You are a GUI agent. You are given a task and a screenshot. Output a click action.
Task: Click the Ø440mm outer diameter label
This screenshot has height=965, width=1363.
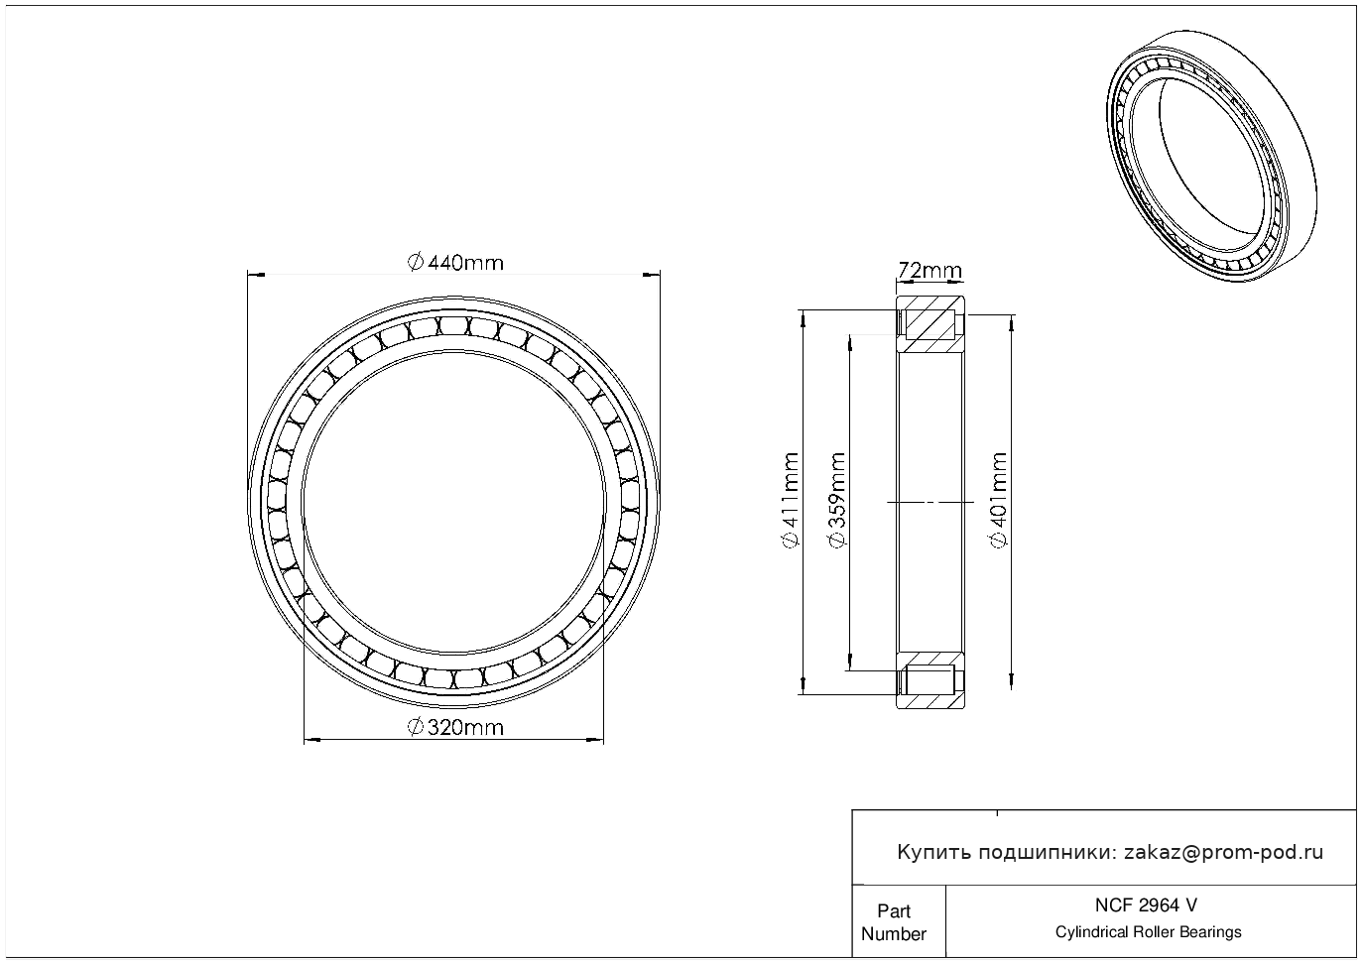(455, 263)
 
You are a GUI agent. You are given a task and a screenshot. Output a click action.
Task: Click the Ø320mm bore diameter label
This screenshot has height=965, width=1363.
(455, 727)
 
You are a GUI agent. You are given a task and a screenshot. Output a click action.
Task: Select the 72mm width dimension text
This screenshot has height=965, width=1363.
(930, 270)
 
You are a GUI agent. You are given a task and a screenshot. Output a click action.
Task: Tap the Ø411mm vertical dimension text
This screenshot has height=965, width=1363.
(790, 501)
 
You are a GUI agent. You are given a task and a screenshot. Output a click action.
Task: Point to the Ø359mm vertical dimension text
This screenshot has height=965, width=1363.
(837, 500)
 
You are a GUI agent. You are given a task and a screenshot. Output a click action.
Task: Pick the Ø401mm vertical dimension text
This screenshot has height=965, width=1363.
(999, 500)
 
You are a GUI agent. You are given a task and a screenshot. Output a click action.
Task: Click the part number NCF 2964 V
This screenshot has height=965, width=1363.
(1147, 905)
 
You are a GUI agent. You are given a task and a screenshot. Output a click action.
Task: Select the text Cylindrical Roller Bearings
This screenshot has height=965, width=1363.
(1148, 932)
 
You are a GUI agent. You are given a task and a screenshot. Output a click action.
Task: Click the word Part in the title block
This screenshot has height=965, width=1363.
(894, 911)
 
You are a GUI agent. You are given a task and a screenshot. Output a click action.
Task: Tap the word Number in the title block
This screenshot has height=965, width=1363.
(893, 934)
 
